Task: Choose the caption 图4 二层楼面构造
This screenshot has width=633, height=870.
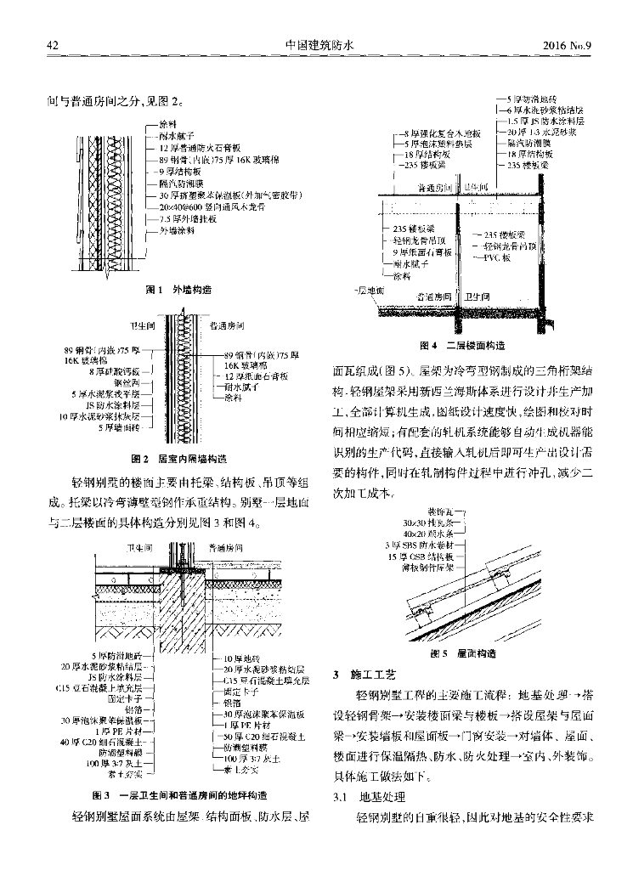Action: point(462,346)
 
